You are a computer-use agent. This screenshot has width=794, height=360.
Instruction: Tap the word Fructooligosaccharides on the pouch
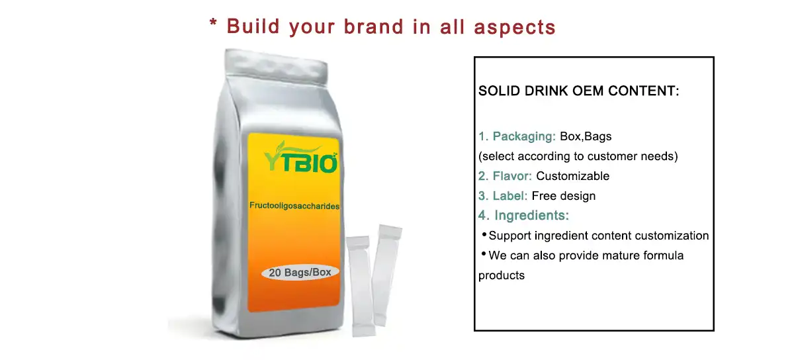[x=294, y=206]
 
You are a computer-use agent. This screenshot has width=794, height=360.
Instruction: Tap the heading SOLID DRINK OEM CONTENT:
[x=578, y=91]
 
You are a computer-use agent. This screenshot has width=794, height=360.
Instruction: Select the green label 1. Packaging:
[x=517, y=137]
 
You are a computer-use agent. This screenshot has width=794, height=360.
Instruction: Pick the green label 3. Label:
[x=503, y=196]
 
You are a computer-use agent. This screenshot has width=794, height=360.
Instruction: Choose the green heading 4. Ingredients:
[x=523, y=216]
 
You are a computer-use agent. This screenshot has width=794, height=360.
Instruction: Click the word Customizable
[x=572, y=176]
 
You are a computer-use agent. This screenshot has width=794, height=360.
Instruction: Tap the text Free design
[x=564, y=196]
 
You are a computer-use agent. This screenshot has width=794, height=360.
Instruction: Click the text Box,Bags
[x=586, y=137]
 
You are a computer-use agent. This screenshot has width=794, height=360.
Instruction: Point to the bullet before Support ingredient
[x=484, y=234]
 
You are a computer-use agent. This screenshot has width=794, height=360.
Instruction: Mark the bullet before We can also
[x=484, y=254]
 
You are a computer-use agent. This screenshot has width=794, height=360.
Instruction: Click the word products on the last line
[x=501, y=275]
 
